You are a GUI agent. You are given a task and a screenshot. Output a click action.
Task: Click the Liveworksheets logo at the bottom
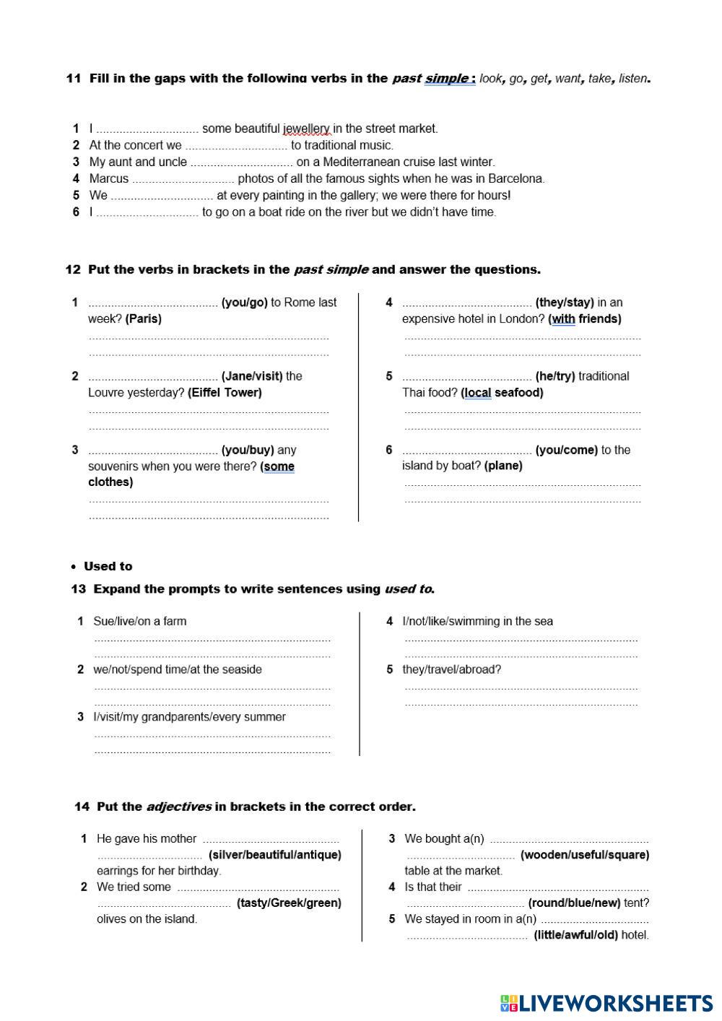pos(606,1003)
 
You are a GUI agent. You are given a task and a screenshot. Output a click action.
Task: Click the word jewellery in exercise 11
pos(307,129)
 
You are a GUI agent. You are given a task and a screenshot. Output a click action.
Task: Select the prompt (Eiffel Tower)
pos(225,393)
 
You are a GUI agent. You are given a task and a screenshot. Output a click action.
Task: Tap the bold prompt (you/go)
pos(244,303)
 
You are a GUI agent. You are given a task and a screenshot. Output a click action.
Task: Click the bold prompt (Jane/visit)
pos(252,376)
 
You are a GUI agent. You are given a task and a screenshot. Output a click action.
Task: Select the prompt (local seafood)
pos(502,393)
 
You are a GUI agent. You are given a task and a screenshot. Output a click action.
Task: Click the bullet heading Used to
pos(108,567)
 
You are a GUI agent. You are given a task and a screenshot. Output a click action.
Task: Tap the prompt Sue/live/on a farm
pos(139,621)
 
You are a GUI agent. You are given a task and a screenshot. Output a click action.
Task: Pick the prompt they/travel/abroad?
pos(451,669)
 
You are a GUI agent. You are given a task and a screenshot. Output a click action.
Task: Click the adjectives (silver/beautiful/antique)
pos(274,855)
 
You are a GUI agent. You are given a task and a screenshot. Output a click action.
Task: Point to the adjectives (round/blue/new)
pos(574,903)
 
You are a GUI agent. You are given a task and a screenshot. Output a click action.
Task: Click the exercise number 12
pos(73,270)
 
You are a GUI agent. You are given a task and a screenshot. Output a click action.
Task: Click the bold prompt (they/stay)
pos(565,303)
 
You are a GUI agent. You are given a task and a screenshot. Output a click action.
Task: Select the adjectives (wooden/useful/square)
pos(585,855)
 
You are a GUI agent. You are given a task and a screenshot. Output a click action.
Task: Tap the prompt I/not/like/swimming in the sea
pos(477,621)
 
